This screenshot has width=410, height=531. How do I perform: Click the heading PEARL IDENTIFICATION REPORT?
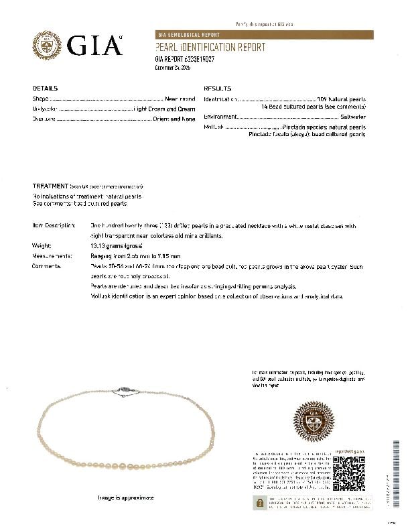point(210,48)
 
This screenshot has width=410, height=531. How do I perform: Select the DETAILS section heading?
point(45,88)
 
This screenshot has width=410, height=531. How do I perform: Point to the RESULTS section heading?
point(217,88)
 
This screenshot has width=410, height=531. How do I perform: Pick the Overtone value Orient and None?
point(175,119)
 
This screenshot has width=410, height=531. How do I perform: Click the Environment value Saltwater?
point(352,117)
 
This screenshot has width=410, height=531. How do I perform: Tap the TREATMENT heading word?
point(50,185)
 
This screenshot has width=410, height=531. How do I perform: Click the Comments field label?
point(47,266)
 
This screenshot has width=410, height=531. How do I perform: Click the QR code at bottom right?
point(348,475)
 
